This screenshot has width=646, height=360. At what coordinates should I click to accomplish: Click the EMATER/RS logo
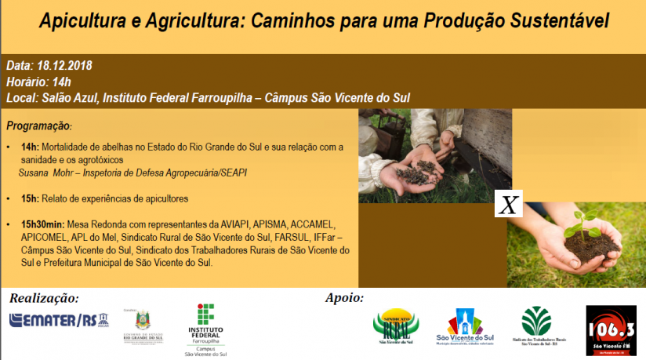click(58, 320)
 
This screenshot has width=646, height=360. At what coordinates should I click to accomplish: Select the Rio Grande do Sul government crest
click(143, 322)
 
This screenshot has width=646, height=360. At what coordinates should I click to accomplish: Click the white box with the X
click(508, 205)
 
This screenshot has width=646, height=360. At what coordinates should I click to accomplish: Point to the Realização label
click(44, 298)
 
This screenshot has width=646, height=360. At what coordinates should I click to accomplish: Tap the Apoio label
click(344, 298)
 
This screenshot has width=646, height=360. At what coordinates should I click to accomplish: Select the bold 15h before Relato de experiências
click(29, 198)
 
